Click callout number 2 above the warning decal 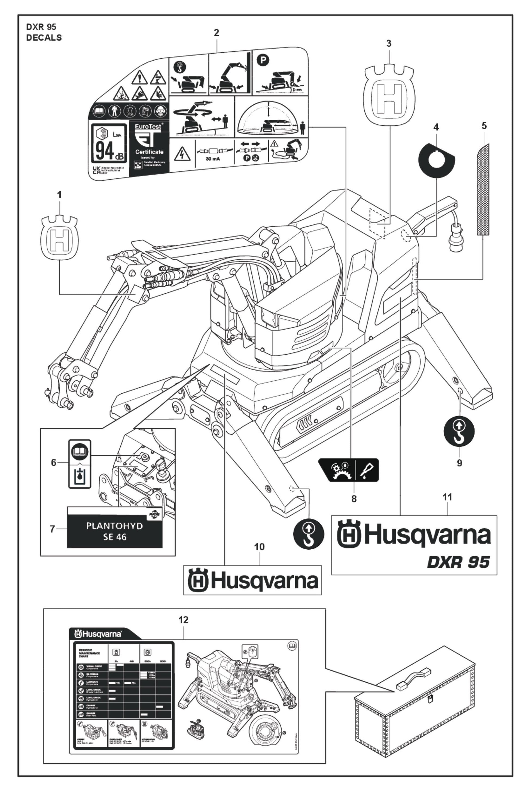[216, 33]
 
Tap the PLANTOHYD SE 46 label [115, 531]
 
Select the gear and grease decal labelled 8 [349, 470]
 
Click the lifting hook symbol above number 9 [459, 432]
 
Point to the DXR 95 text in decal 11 [458, 562]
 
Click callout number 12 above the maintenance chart [184, 620]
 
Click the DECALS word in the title [44, 38]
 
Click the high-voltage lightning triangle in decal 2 [182, 154]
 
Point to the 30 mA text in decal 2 [213, 159]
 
